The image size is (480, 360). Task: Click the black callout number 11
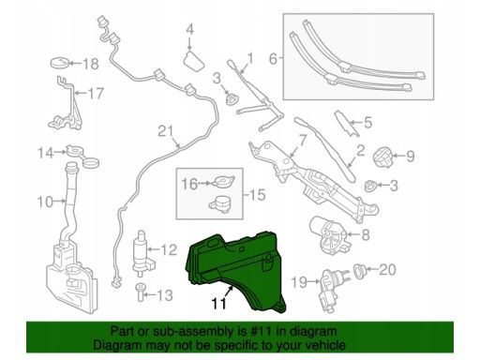coord(218,304)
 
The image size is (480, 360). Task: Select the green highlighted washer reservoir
coord(236,269)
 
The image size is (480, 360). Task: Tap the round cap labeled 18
coord(59,63)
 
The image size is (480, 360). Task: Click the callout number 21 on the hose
coord(166,131)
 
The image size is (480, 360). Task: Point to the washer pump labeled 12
coord(142,253)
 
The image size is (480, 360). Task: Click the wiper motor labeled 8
coord(328,234)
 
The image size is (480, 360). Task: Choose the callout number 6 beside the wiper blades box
coord(273,59)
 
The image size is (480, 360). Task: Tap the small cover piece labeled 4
coord(194,61)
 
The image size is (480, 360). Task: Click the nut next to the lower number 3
coord(370,186)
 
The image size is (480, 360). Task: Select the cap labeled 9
coord(383,157)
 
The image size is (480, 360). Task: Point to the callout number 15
coord(258,195)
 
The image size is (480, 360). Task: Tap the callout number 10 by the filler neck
coord(45,202)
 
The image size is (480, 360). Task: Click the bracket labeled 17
coord(66,106)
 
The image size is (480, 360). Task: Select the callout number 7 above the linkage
coord(302,141)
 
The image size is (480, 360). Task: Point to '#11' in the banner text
coord(262,331)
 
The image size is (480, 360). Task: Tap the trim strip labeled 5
coord(347,124)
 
